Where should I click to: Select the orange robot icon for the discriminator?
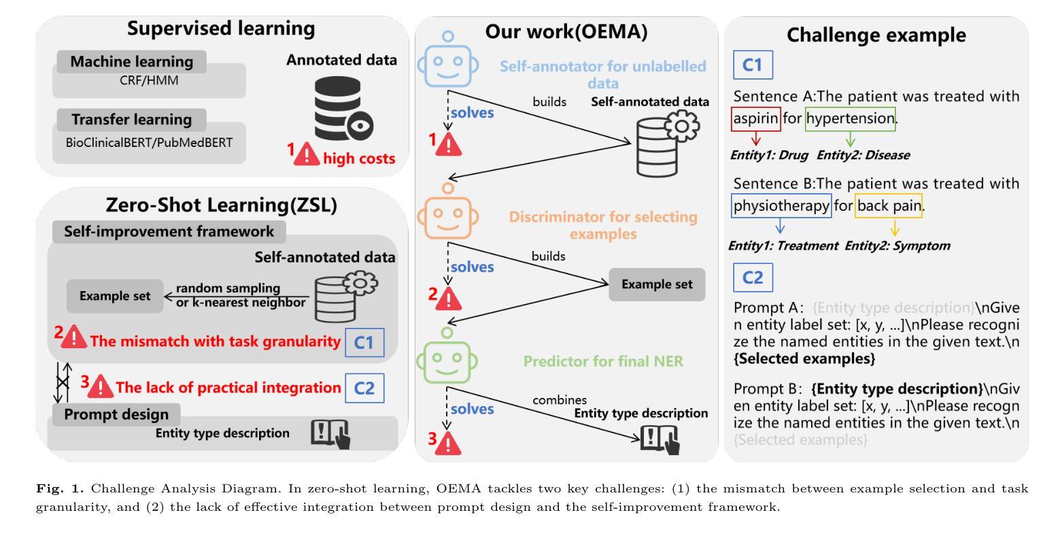[x=447, y=215]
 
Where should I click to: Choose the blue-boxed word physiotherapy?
[x=781, y=205]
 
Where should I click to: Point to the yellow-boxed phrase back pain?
[x=889, y=205]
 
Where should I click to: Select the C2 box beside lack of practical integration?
[x=364, y=388]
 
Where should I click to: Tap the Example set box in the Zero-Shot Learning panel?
[x=115, y=296]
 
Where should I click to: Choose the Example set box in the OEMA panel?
[x=656, y=284]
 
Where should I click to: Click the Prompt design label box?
[x=116, y=414]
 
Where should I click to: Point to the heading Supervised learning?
[x=221, y=29]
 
